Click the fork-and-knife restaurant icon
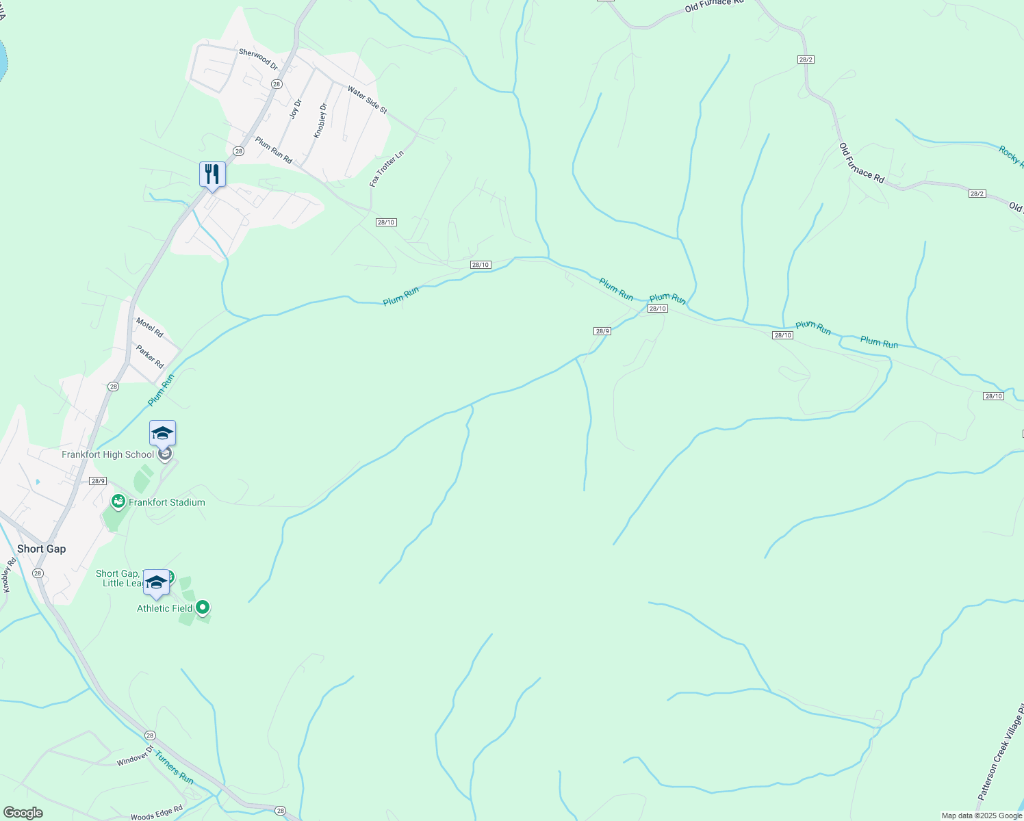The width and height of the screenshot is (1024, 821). (x=212, y=174)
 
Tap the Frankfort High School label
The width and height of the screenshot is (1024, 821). (x=108, y=454)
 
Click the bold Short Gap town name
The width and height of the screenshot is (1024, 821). (x=42, y=549)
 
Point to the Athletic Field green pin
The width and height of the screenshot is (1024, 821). (x=203, y=607)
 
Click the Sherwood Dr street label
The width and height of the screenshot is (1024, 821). (x=258, y=60)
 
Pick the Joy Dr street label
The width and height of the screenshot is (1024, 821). (x=296, y=109)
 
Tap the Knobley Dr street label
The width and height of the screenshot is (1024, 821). (x=320, y=120)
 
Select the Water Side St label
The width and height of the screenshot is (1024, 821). (x=367, y=100)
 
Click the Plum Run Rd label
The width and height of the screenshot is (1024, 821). (x=274, y=151)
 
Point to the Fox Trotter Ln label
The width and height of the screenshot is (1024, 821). (x=387, y=169)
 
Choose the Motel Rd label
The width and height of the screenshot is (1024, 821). (x=149, y=328)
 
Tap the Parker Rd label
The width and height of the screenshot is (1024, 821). (x=149, y=356)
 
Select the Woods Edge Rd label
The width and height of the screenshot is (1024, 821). (x=157, y=813)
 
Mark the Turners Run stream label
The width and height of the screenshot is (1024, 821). (x=175, y=768)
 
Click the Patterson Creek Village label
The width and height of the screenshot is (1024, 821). (x=1001, y=753)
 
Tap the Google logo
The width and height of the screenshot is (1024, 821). (x=23, y=813)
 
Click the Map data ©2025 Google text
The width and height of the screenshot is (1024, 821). (x=982, y=816)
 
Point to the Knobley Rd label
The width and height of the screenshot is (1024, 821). (x=8, y=575)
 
